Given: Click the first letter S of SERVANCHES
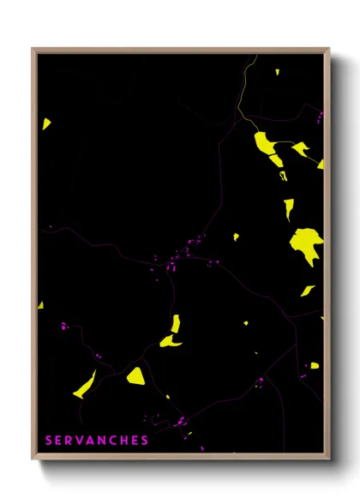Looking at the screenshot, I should (48, 441).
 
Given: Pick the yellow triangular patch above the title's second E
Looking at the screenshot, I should (135, 375).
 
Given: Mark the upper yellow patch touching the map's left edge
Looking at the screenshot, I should (45, 124).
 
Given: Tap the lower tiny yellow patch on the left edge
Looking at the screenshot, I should (40, 304).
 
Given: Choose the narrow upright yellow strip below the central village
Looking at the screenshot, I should (176, 323).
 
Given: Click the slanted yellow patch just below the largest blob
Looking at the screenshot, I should (307, 291).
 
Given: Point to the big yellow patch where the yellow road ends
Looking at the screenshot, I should (264, 143).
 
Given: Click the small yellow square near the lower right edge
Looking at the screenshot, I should (315, 366).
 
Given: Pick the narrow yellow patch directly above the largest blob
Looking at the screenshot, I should (289, 208).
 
